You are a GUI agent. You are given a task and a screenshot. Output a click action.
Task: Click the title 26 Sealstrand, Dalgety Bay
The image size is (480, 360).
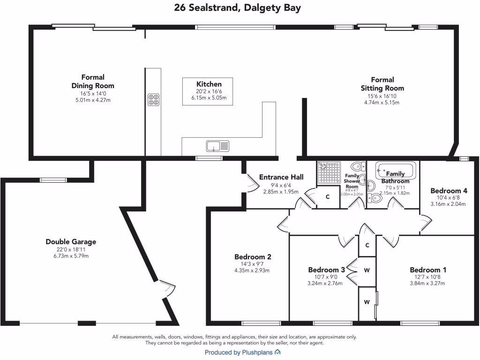[x=237, y=7]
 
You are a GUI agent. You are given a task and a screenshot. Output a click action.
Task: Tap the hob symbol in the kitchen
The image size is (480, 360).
[x=153, y=99]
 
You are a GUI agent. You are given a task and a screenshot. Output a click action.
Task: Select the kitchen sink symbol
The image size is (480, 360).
[x=217, y=146]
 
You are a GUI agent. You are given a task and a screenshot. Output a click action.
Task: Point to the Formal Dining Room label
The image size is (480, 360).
[x=93, y=82]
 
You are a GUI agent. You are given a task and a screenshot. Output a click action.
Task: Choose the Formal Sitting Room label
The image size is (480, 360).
[x=382, y=84]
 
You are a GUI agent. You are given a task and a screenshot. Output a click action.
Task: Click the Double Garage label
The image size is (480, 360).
[x=71, y=242]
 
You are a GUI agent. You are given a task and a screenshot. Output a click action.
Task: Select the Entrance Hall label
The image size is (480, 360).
[x=281, y=177]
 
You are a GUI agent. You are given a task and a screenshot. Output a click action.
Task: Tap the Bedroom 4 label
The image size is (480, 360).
[x=449, y=191]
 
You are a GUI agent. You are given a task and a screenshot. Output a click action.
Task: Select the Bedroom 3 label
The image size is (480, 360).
[x=326, y=270]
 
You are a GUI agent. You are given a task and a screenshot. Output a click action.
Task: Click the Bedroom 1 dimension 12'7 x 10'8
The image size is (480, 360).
[x=427, y=277]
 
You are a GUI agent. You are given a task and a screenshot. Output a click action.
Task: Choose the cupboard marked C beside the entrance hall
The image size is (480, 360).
[x=328, y=197]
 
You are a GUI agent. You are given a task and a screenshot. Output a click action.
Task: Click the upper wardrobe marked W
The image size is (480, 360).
[x=367, y=270]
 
